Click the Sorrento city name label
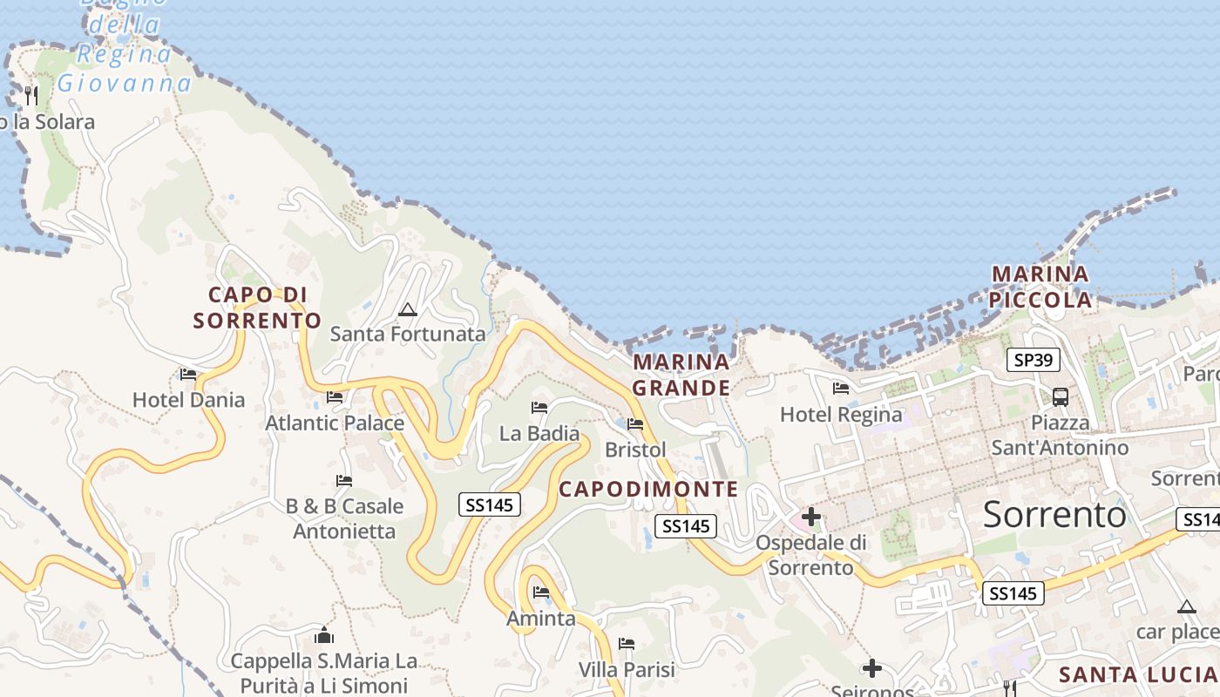pyautogui.click(x=1054, y=515)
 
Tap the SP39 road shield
pyautogui.click(x=1033, y=360)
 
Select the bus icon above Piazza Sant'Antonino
pyautogui.click(x=1061, y=396)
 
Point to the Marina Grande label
pyautogui.click(x=681, y=375)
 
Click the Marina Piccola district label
pyautogui.click(x=1040, y=287)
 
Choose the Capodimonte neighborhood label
pyautogui.click(x=648, y=490)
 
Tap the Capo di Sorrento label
pyautogui.click(x=257, y=308)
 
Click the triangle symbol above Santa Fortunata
pyautogui.click(x=407, y=309)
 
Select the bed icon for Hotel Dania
pyautogui.click(x=188, y=375)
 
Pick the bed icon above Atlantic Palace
pyautogui.click(x=335, y=397)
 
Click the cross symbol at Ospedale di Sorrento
pyautogui.click(x=811, y=517)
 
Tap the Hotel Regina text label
pyautogui.click(x=841, y=415)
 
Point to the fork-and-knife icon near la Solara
pyautogui.click(x=31, y=95)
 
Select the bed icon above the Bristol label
pyautogui.click(x=635, y=424)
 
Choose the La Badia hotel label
pyautogui.click(x=539, y=433)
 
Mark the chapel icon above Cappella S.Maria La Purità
pyautogui.click(x=324, y=635)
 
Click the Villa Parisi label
pyautogui.click(x=627, y=670)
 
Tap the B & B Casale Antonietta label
pyautogui.click(x=344, y=518)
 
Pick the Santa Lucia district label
pyautogui.click(x=1137, y=674)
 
